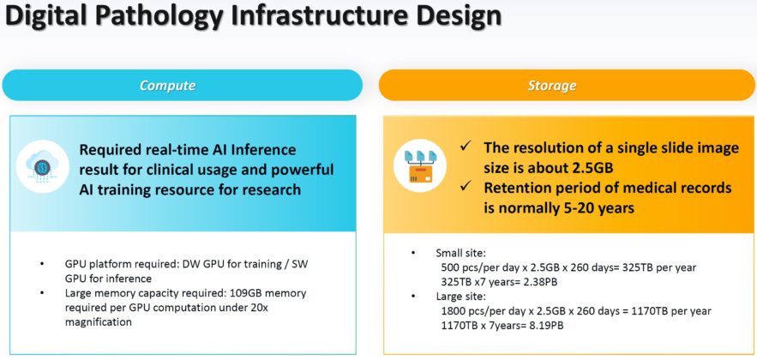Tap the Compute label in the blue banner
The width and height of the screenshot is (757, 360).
tap(168, 86)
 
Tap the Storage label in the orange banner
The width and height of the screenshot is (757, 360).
tap(552, 86)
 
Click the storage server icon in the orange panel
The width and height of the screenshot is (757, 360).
tap(419, 165)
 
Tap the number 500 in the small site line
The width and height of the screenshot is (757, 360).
tap(449, 267)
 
